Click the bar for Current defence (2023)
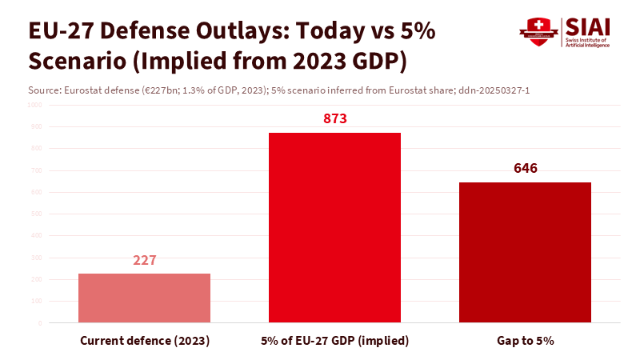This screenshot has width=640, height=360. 144,298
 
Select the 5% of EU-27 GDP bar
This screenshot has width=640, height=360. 334,228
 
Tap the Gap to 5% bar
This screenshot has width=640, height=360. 525,253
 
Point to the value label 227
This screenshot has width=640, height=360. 144,261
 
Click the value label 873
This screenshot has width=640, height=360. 334,119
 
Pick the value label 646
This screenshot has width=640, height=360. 525,169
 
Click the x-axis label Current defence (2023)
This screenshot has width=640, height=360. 145,341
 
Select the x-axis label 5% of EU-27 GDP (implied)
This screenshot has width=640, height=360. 334,341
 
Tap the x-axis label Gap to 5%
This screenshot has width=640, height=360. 525,341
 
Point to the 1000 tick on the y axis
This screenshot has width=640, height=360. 34,105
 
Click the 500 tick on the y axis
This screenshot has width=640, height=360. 36,214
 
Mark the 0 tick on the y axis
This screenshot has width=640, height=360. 39,323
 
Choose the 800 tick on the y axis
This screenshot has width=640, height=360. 36,149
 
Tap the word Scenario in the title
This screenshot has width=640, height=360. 75,61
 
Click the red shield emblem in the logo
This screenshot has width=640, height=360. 537,31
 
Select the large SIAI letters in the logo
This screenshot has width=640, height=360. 588,26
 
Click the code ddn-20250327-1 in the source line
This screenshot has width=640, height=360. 494,90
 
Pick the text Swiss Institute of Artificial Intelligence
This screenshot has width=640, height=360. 587,42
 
